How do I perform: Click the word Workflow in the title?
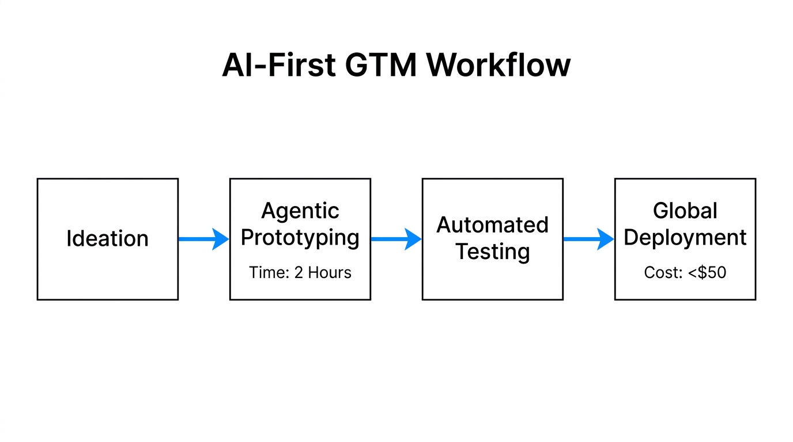point(499,65)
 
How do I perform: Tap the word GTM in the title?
point(380,65)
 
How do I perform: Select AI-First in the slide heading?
point(278,65)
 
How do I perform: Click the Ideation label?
point(107,239)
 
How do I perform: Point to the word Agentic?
point(300,211)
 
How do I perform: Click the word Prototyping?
point(300,237)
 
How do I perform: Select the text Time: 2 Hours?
point(300,272)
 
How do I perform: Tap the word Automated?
point(492,225)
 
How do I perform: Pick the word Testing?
point(492,252)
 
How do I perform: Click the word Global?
point(685,211)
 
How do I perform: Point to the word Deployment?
point(685,237)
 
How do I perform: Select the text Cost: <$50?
point(685,272)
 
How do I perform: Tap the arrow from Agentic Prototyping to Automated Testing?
point(395,239)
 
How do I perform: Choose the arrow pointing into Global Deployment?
point(588,239)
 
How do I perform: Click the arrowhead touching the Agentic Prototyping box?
point(221,239)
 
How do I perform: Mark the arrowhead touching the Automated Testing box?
point(414,239)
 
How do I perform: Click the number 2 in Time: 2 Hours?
point(299,272)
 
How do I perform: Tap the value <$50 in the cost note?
point(707,272)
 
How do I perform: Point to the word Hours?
point(330,272)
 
